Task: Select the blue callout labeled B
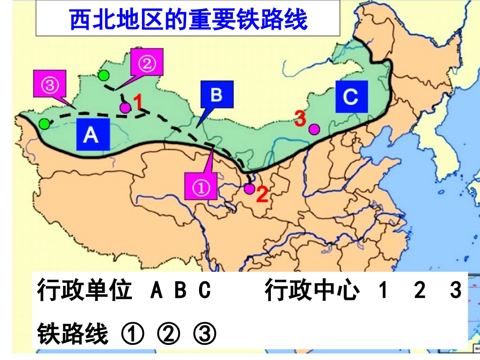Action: coord(216,95)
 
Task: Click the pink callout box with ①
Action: coord(201,188)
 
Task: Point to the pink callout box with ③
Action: coord(49,85)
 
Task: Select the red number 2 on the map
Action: coord(262,194)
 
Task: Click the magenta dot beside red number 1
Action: coord(125,107)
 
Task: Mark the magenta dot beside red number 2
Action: coord(249,189)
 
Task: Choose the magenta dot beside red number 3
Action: coord(314,129)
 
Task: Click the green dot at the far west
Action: coord(45,124)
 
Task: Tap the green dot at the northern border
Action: coord(104,76)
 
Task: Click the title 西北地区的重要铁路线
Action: coord(188,20)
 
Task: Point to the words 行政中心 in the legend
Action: coord(312,291)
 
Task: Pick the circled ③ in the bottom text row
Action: coord(205,333)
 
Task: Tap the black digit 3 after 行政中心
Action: coord(456,291)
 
